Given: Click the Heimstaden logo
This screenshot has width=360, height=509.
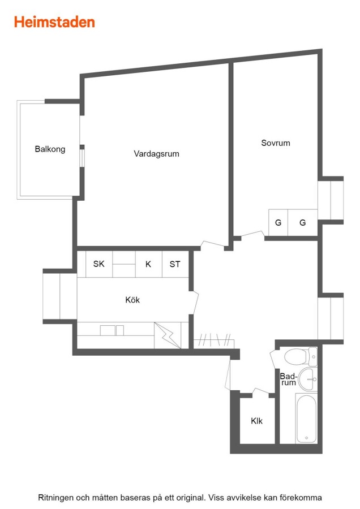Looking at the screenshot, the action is point(54,22).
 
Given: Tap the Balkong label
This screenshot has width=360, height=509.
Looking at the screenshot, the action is point(50,149).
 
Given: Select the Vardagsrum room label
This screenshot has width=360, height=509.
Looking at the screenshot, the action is point(156,154).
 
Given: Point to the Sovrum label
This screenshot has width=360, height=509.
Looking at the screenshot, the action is point(276,143).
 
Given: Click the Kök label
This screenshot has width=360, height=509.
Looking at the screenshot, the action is point(132,300).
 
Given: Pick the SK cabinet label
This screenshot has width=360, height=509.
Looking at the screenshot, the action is point(98,264).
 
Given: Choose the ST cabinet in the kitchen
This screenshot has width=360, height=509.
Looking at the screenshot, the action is point(175,264).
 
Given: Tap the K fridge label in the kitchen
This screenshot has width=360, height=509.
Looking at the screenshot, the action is point(148,264).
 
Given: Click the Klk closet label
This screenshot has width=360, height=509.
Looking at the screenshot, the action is point(256,421).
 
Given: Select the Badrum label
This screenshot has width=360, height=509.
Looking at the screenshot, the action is point(288,379).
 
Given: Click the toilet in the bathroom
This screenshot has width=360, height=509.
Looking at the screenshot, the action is point(300,357).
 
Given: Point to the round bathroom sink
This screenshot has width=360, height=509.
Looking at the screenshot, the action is point(306,379).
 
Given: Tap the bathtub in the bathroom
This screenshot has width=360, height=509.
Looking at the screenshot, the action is point(306,419).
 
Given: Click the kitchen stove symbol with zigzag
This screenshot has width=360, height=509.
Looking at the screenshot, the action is point(168,335).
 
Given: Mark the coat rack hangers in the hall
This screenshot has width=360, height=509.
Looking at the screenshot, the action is point(214,340).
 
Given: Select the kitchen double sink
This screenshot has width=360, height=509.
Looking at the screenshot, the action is point(112,330).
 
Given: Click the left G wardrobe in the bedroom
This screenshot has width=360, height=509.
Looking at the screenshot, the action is point(278,223).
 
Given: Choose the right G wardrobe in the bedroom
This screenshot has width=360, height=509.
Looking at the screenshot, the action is point(302,223).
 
